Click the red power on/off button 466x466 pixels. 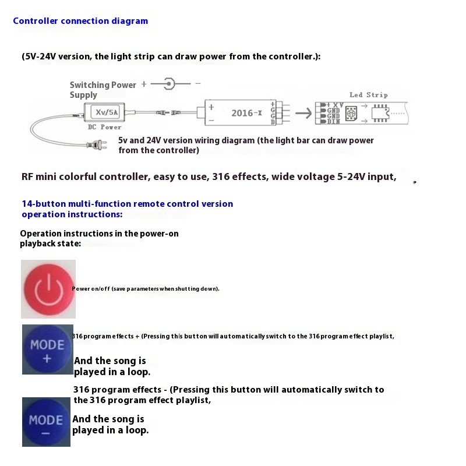point(48,289)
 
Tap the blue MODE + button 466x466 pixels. point(47,349)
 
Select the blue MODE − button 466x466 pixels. point(46,422)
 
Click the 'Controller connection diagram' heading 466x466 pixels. point(80,21)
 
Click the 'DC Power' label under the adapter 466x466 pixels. point(104,127)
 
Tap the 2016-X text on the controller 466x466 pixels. point(246,113)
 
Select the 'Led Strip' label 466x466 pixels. point(368,94)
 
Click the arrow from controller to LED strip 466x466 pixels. point(302,113)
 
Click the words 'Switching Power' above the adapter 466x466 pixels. point(103,85)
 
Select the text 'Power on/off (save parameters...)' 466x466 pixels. point(146,289)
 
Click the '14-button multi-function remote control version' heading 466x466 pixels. point(127,204)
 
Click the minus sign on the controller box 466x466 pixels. point(211,120)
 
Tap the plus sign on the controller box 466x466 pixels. point(211,107)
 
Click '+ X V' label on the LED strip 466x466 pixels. point(334,104)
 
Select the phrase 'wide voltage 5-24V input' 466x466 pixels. point(333,177)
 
